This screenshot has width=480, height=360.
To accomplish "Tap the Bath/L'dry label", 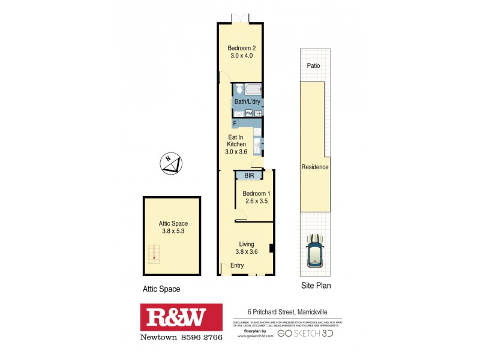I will click(247, 102).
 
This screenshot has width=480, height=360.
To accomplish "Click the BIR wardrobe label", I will click(249, 176).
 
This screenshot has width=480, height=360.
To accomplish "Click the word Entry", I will click(237, 266).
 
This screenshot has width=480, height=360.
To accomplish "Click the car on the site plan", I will click(314, 250).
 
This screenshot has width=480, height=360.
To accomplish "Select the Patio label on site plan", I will click(314, 67).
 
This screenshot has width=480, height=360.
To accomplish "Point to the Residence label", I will click(315, 167).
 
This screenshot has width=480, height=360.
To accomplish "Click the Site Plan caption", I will click(316, 286).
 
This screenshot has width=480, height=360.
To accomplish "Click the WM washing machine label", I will click(248, 113).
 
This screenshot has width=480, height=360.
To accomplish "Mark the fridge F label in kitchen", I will click(235, 124).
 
